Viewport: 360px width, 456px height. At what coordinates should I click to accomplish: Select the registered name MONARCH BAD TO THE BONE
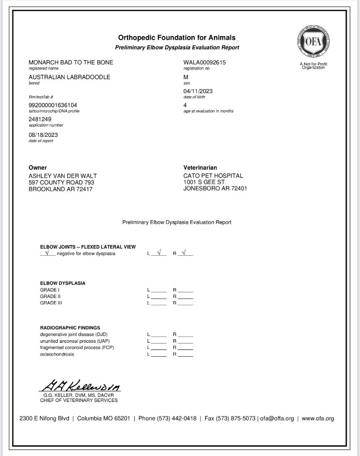(x=71, y=63)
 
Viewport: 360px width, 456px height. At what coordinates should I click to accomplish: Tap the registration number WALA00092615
(x=205, y=63)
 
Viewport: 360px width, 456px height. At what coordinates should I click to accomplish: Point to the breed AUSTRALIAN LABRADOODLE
(x=69, y=77)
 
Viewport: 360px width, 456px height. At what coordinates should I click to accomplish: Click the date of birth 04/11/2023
(x=198, y=91)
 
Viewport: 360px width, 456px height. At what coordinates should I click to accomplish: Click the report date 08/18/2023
(x=43, y=135)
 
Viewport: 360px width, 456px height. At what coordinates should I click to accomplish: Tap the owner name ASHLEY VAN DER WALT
(x=62, y=176)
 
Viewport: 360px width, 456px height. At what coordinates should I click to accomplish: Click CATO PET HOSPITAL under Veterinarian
(x=213, y=176)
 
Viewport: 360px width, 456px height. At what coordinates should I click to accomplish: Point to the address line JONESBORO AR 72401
(x=215, y=188)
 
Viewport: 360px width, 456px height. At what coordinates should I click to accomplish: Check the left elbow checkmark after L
(x=158, y=253)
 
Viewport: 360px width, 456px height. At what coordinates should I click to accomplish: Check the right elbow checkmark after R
(x=185, y=253)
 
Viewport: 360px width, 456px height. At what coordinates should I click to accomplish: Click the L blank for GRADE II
(x=158, y=297)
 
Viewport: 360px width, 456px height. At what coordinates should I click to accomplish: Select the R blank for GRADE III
(x=185, y=303)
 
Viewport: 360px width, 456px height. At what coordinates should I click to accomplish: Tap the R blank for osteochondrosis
(x=185, y=355)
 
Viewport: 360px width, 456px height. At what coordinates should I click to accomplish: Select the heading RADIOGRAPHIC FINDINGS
(x=70, y=328)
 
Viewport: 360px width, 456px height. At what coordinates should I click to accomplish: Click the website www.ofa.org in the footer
(x=318, y=418)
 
